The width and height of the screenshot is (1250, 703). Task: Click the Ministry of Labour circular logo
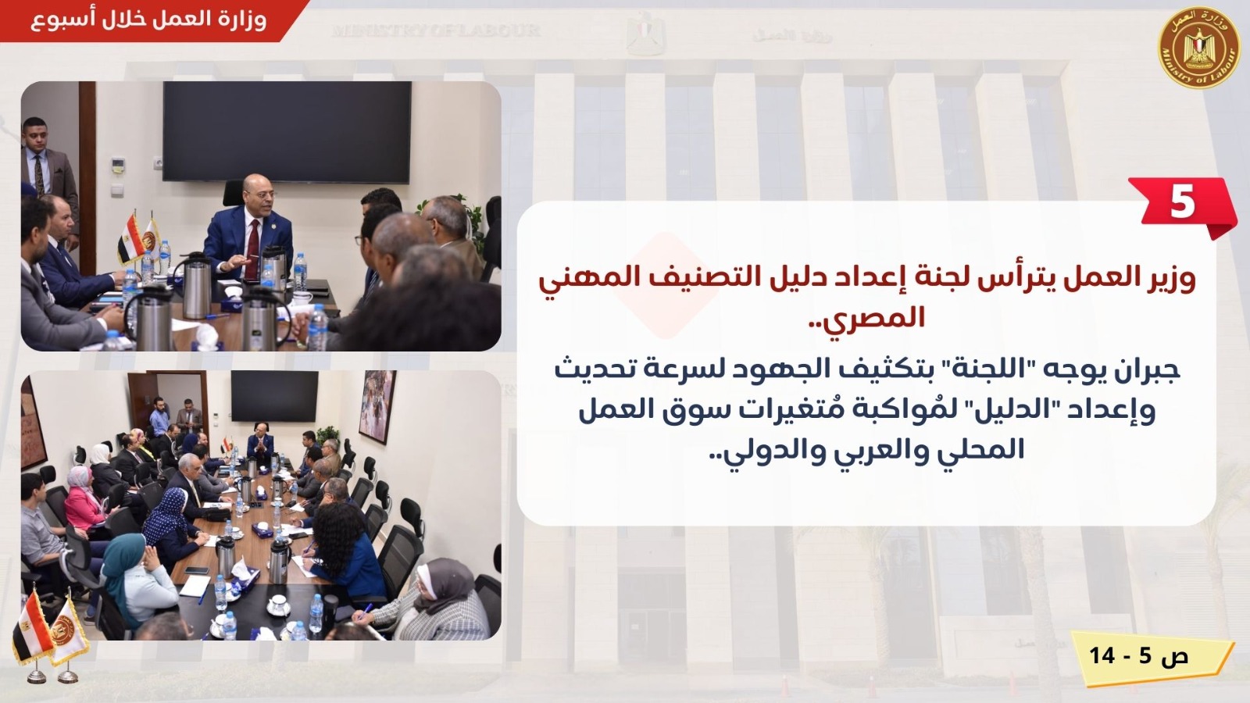[x=1198, y=48]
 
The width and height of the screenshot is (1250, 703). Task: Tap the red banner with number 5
[x=1182, y=206]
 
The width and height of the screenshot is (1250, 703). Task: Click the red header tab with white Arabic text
[x=151, y=20]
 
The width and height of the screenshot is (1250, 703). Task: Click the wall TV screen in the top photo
[x=287, y=132]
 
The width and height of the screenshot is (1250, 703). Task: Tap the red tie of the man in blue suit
[x=253, y=248]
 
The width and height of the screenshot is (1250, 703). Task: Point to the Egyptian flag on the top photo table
[x=130, y=239]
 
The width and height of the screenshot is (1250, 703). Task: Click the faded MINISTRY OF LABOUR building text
[x=436, y=30]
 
